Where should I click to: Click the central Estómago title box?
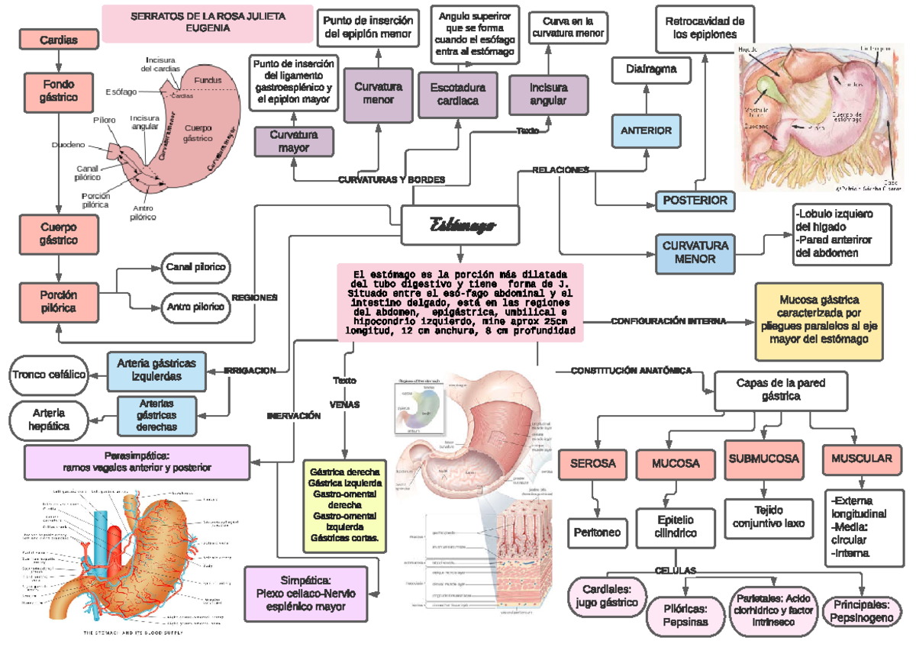(461, 225)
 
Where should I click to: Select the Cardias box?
(58, 40)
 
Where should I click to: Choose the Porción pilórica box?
(59, 301)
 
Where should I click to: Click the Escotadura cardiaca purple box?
(457, 94)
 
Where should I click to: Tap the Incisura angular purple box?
(548, 94)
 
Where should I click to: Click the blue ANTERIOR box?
(646, 130)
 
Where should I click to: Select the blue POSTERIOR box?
(695, 201)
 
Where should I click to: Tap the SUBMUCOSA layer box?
(763, 459)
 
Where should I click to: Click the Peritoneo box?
(597, 533)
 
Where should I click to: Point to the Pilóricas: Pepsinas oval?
(685, 616)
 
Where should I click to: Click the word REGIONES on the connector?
(255, 298)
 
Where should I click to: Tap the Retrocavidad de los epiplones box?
(705, 28)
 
